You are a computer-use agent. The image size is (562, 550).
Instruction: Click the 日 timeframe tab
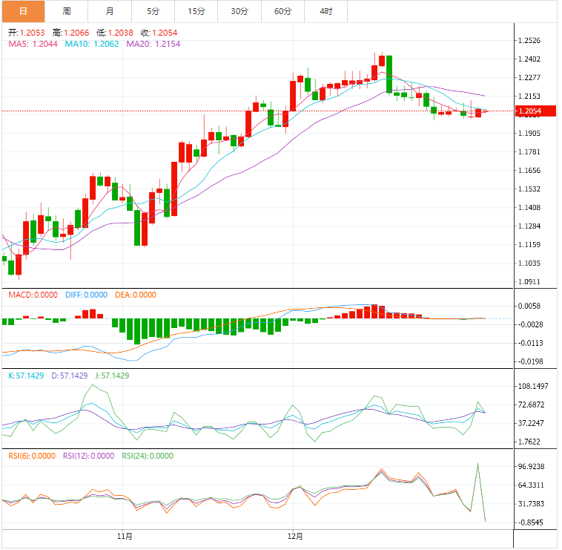tap(22, 11)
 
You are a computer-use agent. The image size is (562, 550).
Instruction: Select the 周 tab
tap(67, 11)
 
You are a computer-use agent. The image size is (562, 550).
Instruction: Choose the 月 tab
tap(110, 11)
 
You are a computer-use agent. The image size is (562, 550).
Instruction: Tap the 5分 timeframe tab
tap(153, 11)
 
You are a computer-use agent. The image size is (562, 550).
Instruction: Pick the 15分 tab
tap(196, 11)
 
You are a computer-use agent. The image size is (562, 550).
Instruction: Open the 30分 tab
tap(239, 11)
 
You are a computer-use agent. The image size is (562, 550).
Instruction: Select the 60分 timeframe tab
tap(282, 11)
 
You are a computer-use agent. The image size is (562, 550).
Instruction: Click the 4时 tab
tap(326, 11)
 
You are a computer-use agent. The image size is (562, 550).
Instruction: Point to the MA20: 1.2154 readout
tap(153, 44)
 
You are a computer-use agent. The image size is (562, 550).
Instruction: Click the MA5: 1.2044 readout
tap(33, 44)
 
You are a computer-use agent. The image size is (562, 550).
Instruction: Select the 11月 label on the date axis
tap(125, 535)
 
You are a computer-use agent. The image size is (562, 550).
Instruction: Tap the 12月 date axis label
tap(294, 535)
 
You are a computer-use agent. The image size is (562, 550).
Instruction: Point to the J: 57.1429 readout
tap(109, 376)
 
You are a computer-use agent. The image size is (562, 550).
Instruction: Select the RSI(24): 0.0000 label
tap(148, 456)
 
